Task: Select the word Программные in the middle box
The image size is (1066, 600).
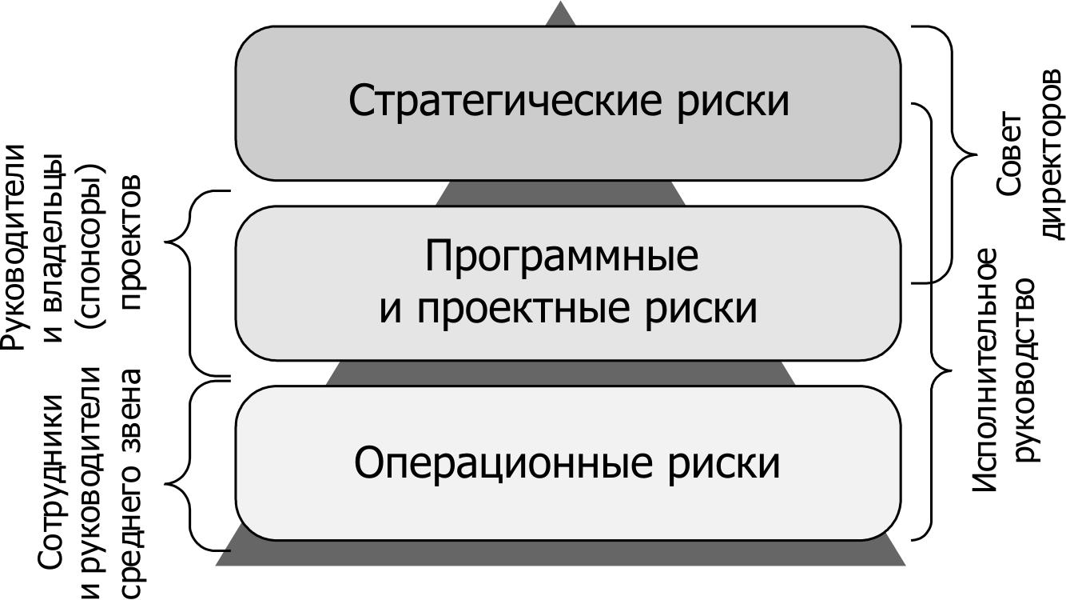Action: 562,257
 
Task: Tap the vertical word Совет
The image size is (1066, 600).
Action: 1008,155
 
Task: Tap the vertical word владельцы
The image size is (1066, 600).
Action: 53,247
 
